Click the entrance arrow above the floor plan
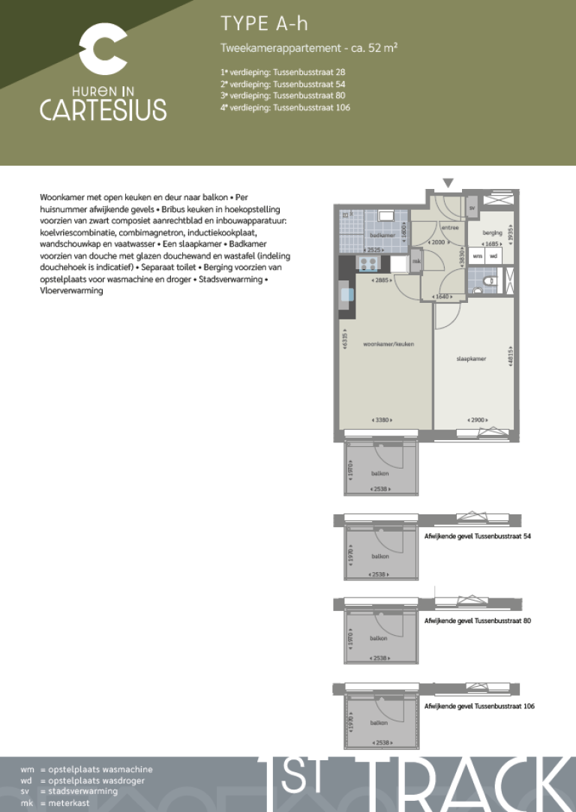point(448,183)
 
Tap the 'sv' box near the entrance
point(472,207)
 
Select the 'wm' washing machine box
point(478,256)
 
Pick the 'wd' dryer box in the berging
point(493,256)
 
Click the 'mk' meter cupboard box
point(416,261)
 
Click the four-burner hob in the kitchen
point(368,263)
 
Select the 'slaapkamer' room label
point(471,358)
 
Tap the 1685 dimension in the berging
point(491,243)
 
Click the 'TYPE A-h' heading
point(264,24)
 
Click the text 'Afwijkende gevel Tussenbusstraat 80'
point(478,621)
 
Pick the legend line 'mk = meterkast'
point(69,802)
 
